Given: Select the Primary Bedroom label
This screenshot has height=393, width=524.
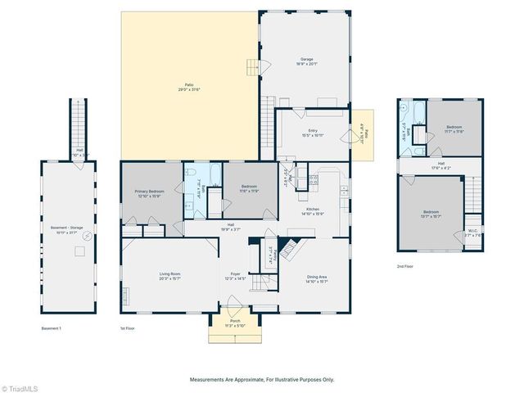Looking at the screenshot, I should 151,192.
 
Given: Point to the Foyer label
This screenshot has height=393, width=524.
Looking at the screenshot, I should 236,276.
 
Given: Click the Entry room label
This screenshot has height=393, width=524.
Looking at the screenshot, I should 312,132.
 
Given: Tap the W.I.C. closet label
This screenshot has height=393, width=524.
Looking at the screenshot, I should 472,231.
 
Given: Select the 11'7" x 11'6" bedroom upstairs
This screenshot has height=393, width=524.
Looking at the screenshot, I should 454,129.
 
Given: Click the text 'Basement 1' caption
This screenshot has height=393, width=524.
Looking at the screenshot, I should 52,328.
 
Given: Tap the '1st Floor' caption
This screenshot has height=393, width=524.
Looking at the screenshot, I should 128,328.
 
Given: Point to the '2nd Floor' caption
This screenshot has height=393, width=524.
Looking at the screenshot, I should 405,266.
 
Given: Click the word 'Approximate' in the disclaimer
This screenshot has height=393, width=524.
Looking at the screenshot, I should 241,379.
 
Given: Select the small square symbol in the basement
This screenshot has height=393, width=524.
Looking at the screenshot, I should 79,251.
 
